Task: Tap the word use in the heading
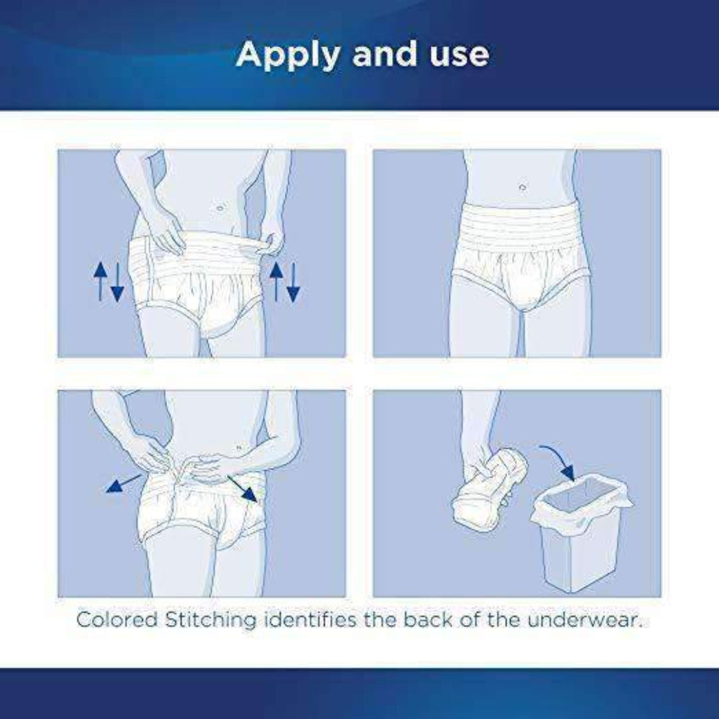[x=457, y=55]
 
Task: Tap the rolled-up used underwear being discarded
[x=490, y=489]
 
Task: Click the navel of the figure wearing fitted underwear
[x=521, y=188]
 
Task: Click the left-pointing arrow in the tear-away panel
[x=123, y=483]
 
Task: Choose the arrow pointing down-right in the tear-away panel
[x=242, y=489]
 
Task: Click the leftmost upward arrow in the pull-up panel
[x=101, y=280]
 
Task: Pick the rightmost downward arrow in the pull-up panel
[x=293, y=282]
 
